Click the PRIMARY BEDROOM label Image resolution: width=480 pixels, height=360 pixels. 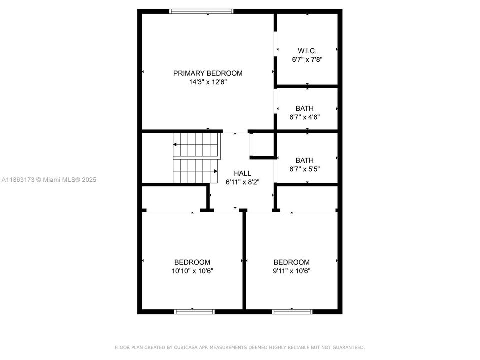point(208,73)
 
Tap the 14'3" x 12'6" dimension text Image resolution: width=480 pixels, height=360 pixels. point(208,82)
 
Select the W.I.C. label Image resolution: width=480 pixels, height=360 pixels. point(307,50)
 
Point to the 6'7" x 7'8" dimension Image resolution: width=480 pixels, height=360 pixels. point(307,59)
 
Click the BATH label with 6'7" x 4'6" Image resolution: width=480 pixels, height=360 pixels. point(305,108)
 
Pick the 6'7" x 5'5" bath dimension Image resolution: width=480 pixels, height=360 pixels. point(305,169)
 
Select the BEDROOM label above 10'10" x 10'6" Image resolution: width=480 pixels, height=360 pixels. point(192,262)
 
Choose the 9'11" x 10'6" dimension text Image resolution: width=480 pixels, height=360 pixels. point(292,271)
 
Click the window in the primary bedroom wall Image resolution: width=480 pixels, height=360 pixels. point(201,11)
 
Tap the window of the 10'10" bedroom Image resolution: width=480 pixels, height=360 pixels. point(194,312)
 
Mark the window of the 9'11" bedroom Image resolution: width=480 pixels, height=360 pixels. point(292,312)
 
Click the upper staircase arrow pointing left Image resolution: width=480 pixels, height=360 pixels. point(176,144)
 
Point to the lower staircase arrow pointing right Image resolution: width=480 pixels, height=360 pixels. point(215,171)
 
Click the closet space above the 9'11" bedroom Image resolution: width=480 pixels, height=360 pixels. point(307,198)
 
